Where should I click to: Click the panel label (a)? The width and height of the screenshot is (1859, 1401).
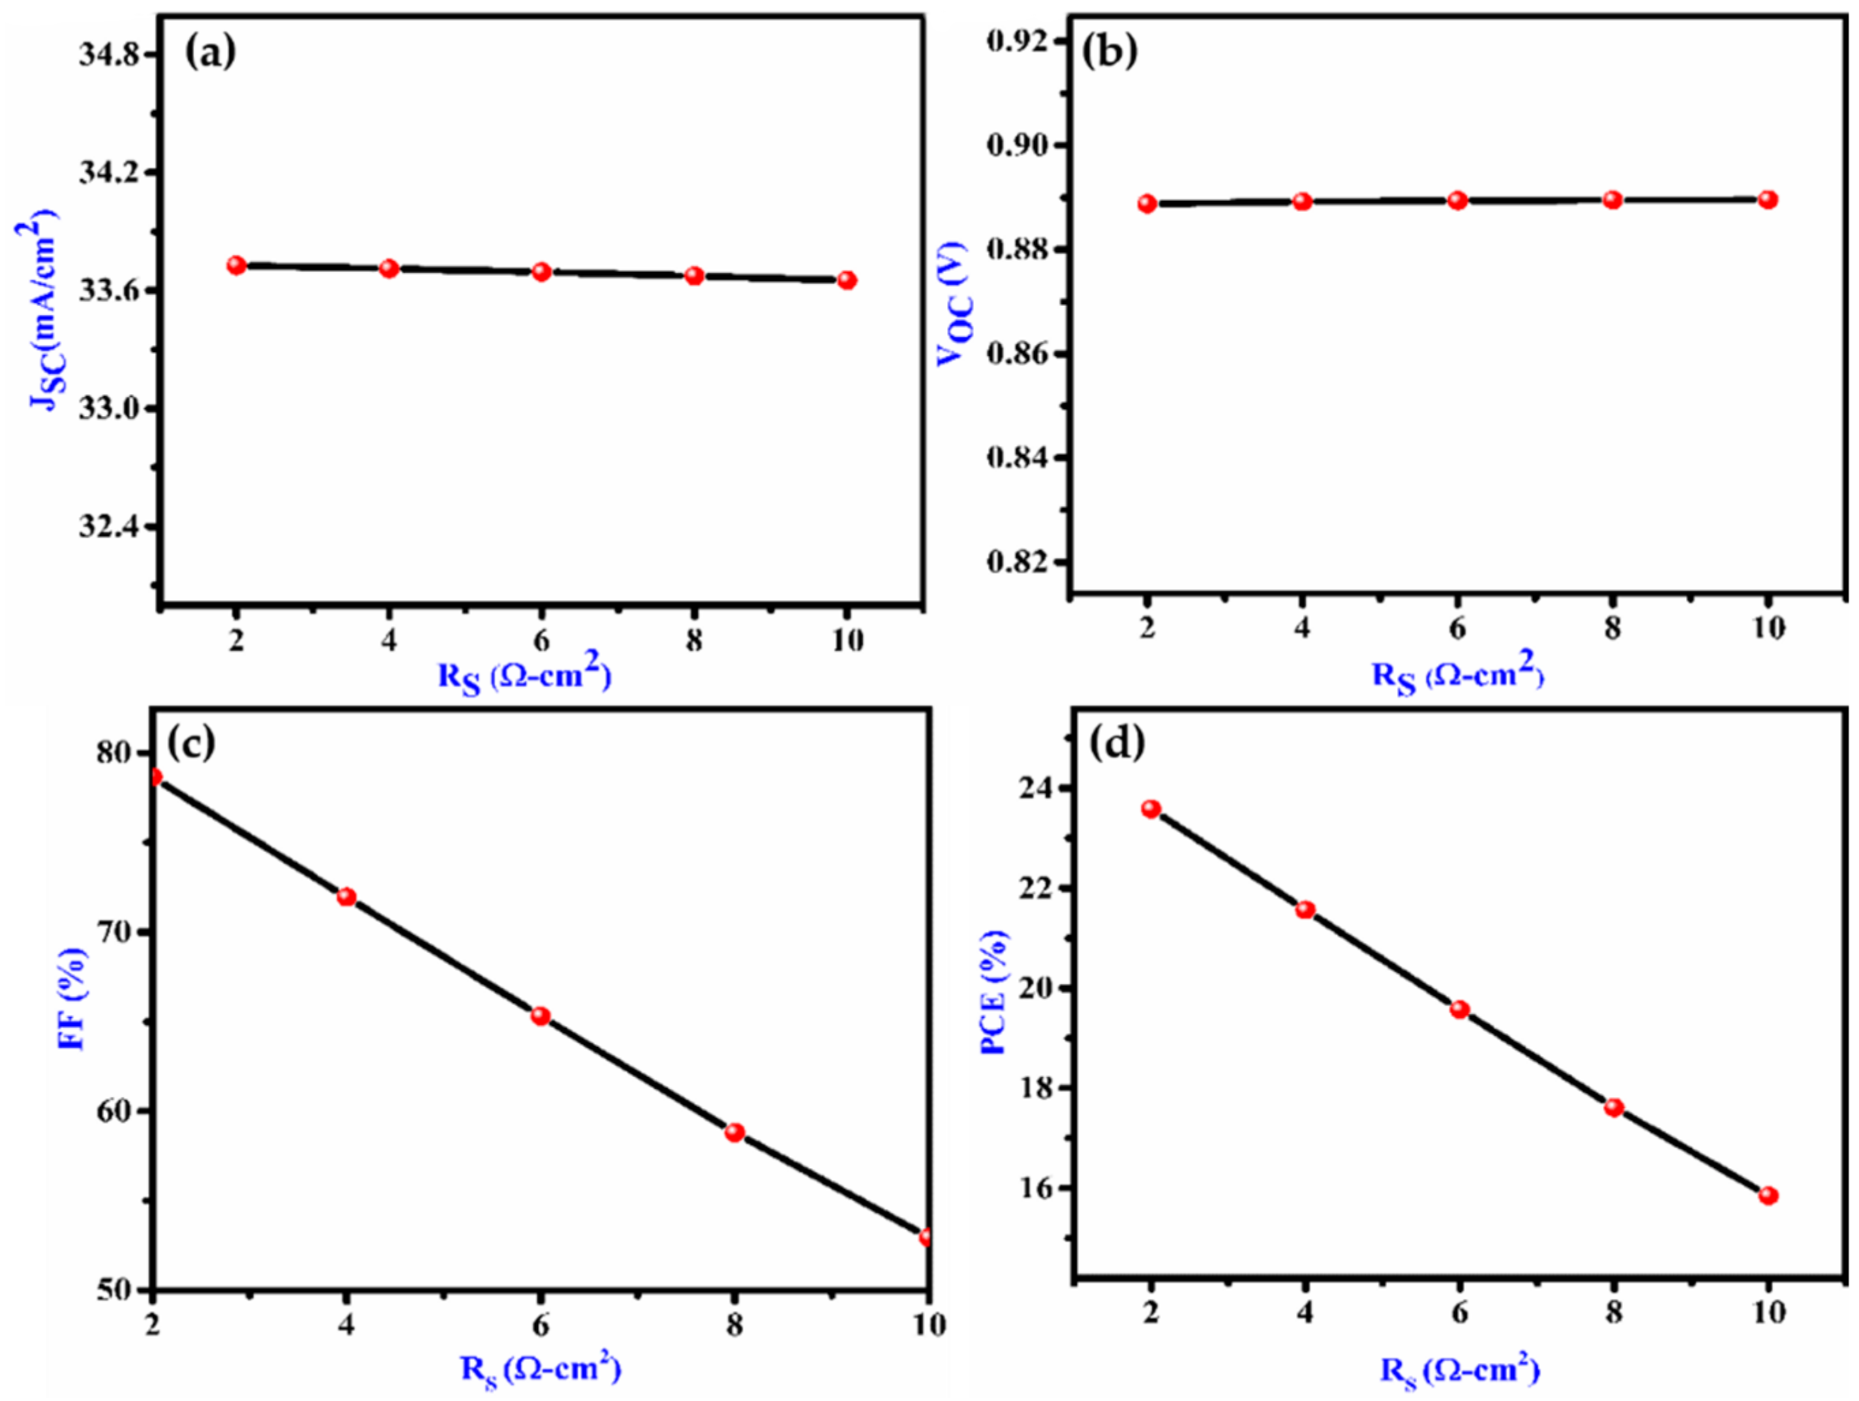(210, 53)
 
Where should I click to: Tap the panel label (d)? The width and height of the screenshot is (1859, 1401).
(1117, 743)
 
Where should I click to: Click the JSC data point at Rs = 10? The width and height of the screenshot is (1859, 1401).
(847, 280)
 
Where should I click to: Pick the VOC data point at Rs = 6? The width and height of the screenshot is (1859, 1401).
(1458, 201)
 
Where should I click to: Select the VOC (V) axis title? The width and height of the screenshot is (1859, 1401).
(953, 303)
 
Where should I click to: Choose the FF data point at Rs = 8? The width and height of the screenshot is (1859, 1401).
(734, 1132)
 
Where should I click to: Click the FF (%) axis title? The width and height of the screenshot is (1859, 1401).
(72, 999)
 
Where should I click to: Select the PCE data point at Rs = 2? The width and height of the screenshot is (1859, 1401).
(1151, 809)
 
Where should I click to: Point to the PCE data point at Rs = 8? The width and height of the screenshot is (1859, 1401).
(1614, 1108)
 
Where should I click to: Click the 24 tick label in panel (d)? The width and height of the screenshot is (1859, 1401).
(1035, 788)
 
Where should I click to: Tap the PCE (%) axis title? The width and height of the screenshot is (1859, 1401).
(994, 993)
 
